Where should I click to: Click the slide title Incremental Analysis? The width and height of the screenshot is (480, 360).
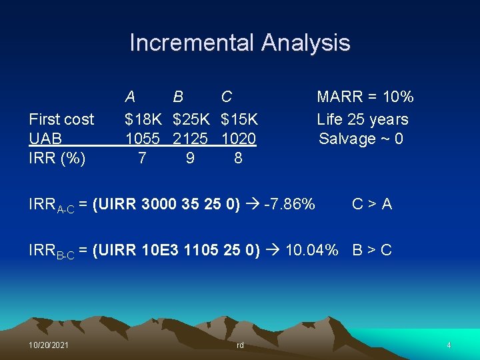pyautogui.click(x=239, y=43)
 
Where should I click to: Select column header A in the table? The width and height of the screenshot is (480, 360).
pyautogui.click(x=131, y=97)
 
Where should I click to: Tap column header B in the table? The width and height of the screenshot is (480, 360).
pyautogui.click(x=178, y=97)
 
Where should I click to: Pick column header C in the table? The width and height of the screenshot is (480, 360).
pyautogui.click(x=227, y=97)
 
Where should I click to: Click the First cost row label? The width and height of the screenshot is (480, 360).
pyautogui.click(x=61, y=119)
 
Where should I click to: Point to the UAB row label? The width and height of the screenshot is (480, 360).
pyautogui.click(x=45, y=139)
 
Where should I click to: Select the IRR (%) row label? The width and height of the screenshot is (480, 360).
pyautogui.click(x=57, y=159)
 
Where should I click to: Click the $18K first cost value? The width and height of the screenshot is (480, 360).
pyautogui.click(x=143, y=119)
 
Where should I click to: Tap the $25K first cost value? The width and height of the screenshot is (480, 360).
pyautogui.click(x=191, y=119)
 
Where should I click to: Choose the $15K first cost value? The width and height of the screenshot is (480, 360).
pyautogui.click(x=239, y=119)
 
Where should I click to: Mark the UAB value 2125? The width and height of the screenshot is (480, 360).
pyautogui.click(x=191, y=139)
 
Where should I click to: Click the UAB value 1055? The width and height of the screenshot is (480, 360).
pyautogui.click(x=143, y=139)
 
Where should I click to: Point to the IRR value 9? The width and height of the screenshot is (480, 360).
pyautogui.click(x=191, y=159)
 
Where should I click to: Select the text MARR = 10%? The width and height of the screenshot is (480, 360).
pyautogui.click(x=365, y=97)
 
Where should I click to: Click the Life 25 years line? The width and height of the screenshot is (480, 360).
pyautogui.click(x=363, y=119)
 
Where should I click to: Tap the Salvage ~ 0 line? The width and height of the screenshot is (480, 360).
pyautogui.click(x=361, y=139)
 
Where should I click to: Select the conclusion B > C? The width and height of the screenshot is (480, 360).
pyautogui.click(x=372, y=251)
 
